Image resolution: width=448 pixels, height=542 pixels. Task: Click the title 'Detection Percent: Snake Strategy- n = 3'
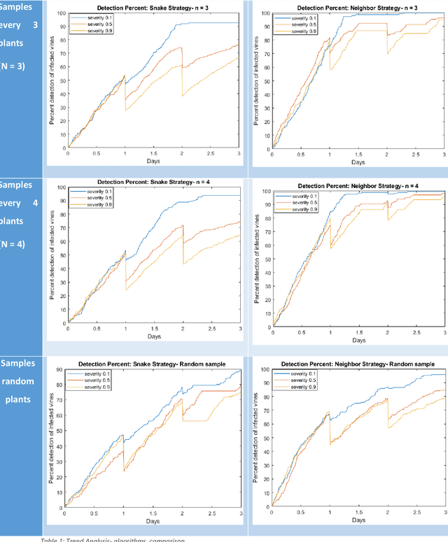pos(153,7)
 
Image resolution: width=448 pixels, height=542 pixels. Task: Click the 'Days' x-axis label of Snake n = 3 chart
pos(153,161)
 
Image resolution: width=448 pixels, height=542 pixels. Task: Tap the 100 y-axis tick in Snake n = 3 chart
pos(62,14)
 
